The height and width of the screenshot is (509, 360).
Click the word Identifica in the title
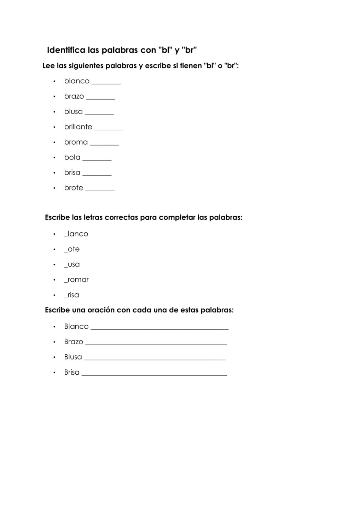point(66,50)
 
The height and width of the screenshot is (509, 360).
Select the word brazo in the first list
point(74,96)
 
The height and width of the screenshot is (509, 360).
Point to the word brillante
point(78,127)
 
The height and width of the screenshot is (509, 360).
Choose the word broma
point(76,142)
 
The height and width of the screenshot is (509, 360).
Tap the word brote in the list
point(74,188)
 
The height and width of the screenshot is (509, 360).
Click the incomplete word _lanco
point(76,234)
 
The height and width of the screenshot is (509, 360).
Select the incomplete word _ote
point(72,249)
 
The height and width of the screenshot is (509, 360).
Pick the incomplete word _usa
point(72,264)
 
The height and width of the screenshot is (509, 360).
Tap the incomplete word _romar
point(76,280)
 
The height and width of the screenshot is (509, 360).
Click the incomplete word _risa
point(71,295)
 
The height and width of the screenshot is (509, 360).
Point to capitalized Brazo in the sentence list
point(74,342)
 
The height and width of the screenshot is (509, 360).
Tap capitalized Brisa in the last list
point(72,372)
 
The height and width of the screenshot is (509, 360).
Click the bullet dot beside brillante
point(54,127)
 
